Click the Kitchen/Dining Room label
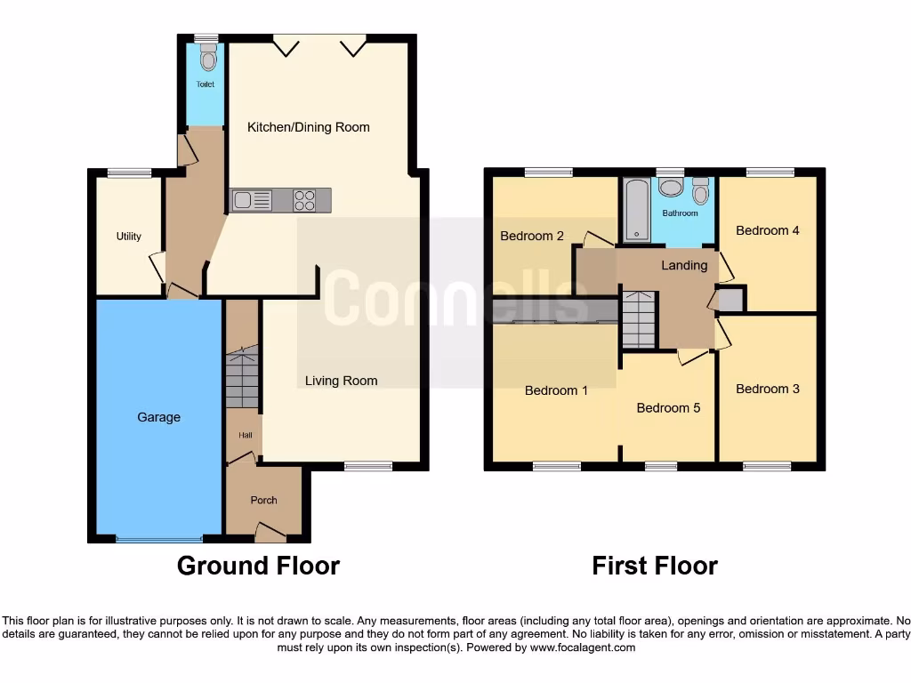click(308, 127)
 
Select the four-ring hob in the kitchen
click(304, 201)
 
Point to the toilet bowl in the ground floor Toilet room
click(208, 60)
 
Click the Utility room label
click(129, 237)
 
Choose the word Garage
click(158, 417)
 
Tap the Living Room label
click(341, 381)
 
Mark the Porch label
click(263, 500)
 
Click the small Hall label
click(245, 436)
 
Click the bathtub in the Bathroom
click(637, 211)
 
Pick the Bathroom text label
click(680, 213)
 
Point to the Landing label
click(684, 265)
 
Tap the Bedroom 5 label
click(668, 408)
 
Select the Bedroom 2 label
click(532, 236)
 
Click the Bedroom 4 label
click(768, 230)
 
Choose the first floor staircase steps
click(638, 320)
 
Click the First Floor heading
click(655, 566)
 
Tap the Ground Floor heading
click(258, 566)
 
